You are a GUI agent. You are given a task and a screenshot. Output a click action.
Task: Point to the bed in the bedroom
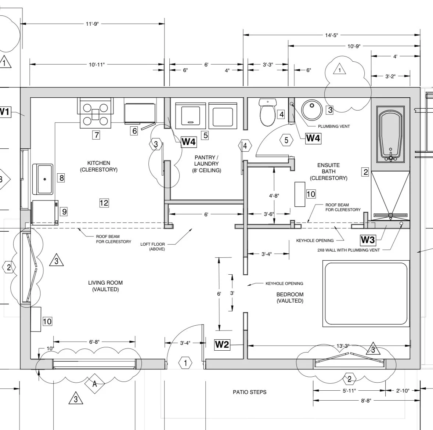pyautogui.click(x=366, y=293)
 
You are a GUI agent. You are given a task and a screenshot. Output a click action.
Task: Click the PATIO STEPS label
pyautogui.click(x=250, y=392)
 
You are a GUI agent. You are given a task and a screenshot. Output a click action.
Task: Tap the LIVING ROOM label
pyautogui.click(x=105, y=286)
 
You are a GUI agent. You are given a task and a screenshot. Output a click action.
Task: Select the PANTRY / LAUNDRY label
pyautogui.click(x=206, y=164)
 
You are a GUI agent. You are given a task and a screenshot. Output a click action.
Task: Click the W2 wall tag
pyautogui.click(x=222, y=344)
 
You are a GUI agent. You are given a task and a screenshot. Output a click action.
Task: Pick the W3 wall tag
pyautogui.click(x=368, y=240)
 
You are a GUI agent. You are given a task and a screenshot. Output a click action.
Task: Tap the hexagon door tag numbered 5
pyautogui.click(x=286, y=140)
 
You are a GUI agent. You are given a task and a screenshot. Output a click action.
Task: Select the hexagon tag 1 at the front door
pyautogui.click(x=185, y=363)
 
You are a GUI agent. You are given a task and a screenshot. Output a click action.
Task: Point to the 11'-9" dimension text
pyautogui.click(x=92, y=24)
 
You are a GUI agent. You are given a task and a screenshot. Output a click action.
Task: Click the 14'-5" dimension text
pyautogui.click(x=331, y=35)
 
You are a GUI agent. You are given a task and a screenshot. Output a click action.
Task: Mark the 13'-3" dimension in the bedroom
pyautogui.click(x=343, y=346)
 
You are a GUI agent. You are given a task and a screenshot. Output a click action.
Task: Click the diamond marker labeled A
pyautogui.click(x=94, y=384)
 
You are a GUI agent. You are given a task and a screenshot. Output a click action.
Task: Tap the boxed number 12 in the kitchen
pyautogui.click(x=104, y=203)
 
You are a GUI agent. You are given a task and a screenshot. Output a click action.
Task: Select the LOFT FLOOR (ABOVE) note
pyautogui.click(x=157, y=246)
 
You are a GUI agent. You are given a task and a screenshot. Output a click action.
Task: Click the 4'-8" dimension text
pyautogui.click(x=274, y=196)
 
